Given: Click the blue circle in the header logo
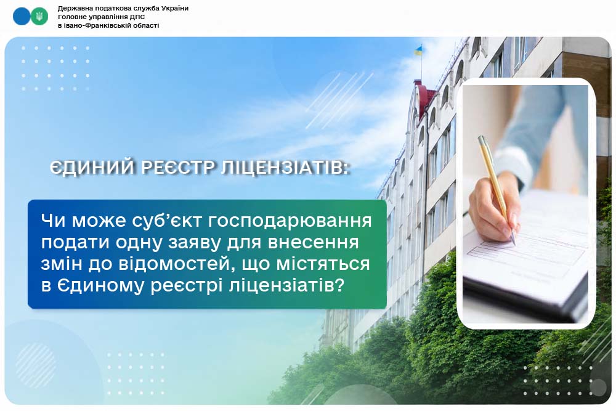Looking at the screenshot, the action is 21,17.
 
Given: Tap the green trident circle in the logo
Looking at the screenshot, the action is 39,17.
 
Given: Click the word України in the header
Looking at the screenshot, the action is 175,8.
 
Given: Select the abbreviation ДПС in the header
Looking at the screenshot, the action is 137,17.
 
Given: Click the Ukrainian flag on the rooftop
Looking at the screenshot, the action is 419,50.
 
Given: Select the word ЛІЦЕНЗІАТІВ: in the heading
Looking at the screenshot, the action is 285,168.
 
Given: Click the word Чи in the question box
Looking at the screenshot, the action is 53,221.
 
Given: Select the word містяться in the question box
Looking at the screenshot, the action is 323,263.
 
